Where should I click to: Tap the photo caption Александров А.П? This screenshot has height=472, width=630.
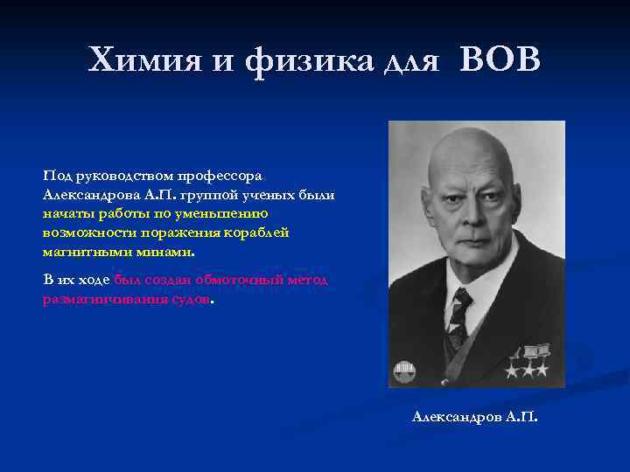pos(475,417)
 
